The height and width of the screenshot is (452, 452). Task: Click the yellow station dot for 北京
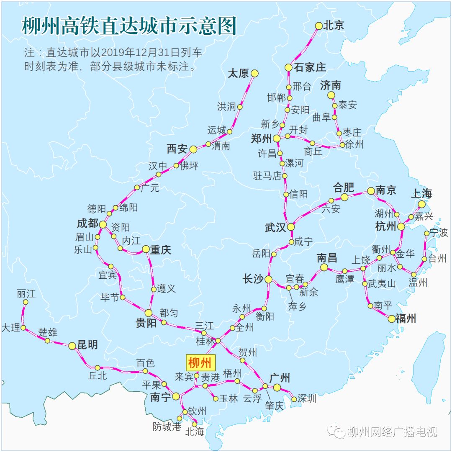tap(318, 26)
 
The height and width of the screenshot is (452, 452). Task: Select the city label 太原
tap(238, 74)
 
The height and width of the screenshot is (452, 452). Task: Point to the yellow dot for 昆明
tap(72, 346)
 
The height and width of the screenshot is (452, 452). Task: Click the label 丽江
tap(26, 293)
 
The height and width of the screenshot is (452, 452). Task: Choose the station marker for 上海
tap(421, 204)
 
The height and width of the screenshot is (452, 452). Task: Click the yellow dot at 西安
tap(193, 149)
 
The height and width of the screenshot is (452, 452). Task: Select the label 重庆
tap(161, 250)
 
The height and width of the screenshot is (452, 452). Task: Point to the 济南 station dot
tap(331, 95)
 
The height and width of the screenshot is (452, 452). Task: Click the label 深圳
tap(307, 398)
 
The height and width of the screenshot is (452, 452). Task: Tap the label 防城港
tap(167, 427)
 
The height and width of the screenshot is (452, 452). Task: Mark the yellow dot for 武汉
tap(290, 226)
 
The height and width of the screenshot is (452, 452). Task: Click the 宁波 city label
tap(439, 233)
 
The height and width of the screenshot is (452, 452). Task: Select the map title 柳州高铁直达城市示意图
tap(129, 26)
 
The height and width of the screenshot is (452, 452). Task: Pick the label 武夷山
tap(382, 284)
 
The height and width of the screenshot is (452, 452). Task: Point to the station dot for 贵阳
tap(149, 313)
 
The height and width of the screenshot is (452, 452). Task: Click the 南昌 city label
tap(327, 257)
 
